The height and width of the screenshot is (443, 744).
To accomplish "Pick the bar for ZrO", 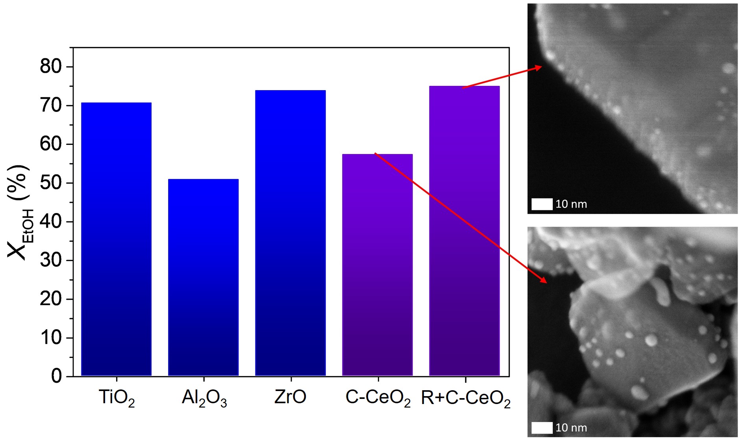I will (291, 233).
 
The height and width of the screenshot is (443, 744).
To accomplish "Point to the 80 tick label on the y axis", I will (51, 67).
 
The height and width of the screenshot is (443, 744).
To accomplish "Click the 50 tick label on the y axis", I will (51, 183).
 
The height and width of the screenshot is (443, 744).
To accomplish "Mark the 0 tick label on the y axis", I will (56, 376).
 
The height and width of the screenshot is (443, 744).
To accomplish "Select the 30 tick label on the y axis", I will (51, 260).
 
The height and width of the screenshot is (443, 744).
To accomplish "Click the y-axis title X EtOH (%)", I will (20, 213).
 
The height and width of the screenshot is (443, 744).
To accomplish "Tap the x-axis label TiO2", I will (117, 398).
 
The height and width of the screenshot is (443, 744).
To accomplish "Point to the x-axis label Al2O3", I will (204, 398).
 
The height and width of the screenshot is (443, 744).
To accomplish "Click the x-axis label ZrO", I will (290, 397).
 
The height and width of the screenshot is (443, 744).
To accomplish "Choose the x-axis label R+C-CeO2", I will (466, 398).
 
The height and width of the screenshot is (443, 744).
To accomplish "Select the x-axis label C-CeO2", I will (378, 398).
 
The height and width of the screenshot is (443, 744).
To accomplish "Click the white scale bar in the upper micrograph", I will (542, 204).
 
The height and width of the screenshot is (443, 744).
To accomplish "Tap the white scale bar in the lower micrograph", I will (542, 428).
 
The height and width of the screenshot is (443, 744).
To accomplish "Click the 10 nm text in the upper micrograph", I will (571, 204).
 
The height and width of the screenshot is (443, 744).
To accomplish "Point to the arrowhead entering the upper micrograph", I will (538, 68).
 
